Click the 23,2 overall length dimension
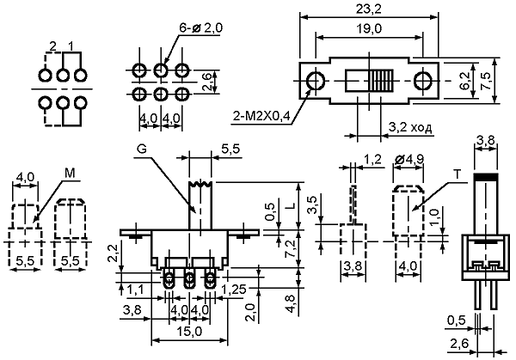pos(369,9)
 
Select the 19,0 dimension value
pos(369,29)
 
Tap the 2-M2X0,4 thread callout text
pos(261,116)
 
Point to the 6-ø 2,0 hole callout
pos(200,28)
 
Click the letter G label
pos(142,149)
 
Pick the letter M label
pos(70,174)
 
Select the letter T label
pos(458,174)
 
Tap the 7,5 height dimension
pos(486,81)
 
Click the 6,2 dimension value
pos(465,81)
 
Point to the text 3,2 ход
pos(410,127)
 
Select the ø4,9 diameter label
pos(408,160)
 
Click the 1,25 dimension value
pos(234,290)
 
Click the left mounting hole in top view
pos(316,81)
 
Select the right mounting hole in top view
pos(422,81)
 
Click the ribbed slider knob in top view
pos(381,81)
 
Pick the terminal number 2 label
pos(52,46)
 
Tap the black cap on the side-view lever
pos(486,176)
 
